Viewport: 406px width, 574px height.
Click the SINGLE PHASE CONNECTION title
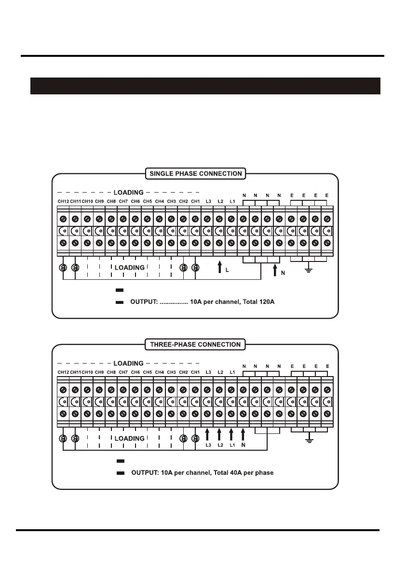195,173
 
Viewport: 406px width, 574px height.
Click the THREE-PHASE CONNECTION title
195,344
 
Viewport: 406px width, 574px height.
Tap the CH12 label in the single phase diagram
63,201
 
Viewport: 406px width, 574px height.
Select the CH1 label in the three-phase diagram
195,372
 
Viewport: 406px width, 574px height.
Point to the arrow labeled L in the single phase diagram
219,268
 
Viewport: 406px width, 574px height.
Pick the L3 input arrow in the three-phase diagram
207,435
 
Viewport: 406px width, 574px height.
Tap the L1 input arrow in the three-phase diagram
231,435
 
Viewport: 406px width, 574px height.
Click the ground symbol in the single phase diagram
309,270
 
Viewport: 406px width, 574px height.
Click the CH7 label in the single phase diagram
123,201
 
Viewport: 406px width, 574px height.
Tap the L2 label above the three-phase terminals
220,372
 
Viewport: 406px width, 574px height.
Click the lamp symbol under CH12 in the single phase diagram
63,268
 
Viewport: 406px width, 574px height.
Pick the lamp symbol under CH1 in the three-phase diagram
195,439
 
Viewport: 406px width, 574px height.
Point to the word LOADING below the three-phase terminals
129,439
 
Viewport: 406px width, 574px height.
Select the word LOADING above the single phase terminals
128,192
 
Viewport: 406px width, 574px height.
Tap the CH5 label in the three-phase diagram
147,372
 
